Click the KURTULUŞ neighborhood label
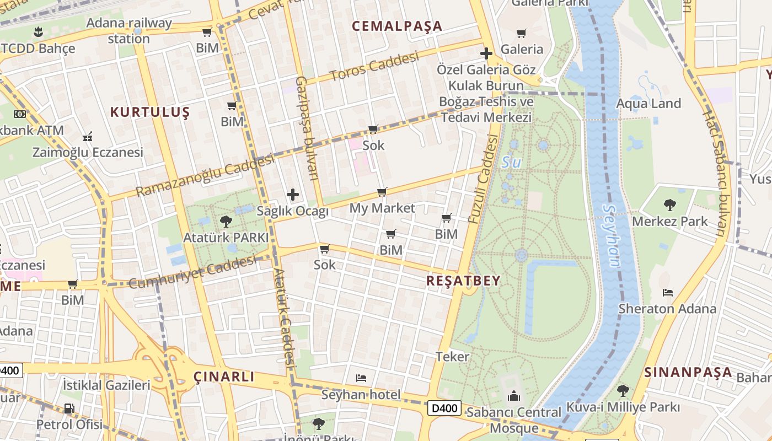point(149,112)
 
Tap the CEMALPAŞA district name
point(397,26)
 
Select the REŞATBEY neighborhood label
point(463,281)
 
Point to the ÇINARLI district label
point(224,377)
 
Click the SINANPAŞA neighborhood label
point(688,372)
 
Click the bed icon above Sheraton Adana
point(668,292)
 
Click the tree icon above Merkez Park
point(670,205)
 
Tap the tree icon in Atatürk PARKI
point(226,222)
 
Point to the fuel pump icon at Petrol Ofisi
point(69,408)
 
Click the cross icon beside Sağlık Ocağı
point(293,195)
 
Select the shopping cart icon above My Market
point(382,192)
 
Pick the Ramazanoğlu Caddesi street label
point(205,175)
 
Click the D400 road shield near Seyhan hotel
point(444,408)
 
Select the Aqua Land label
point(648,104)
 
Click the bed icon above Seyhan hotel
point(361,378)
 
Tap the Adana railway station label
point(129,31)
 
